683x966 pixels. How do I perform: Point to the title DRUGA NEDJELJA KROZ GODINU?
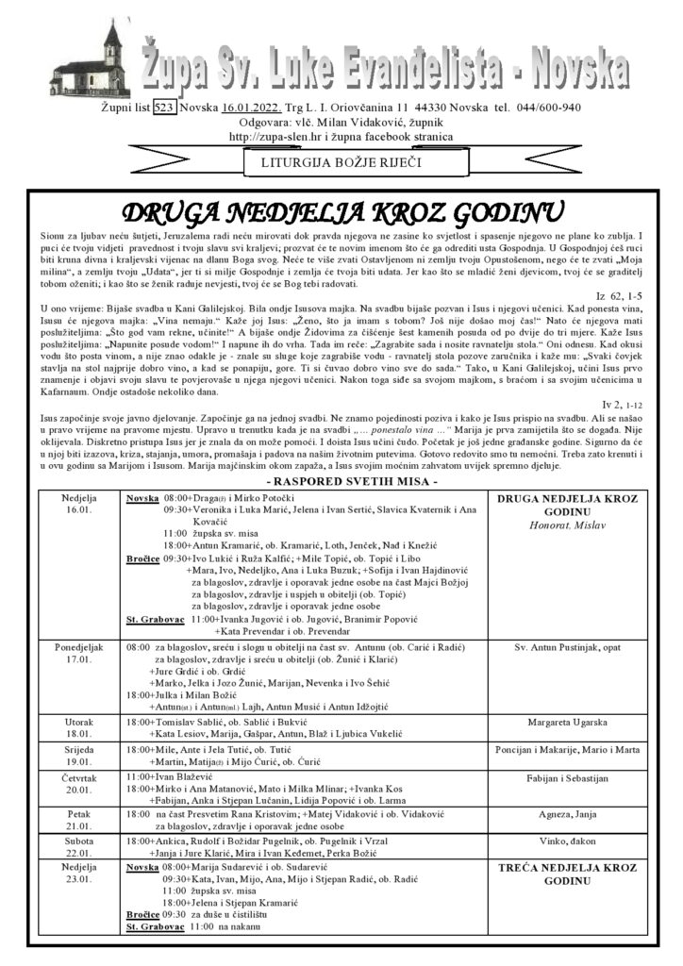(x=343, y=209)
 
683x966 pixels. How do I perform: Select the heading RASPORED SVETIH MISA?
(x=341, y=481)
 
